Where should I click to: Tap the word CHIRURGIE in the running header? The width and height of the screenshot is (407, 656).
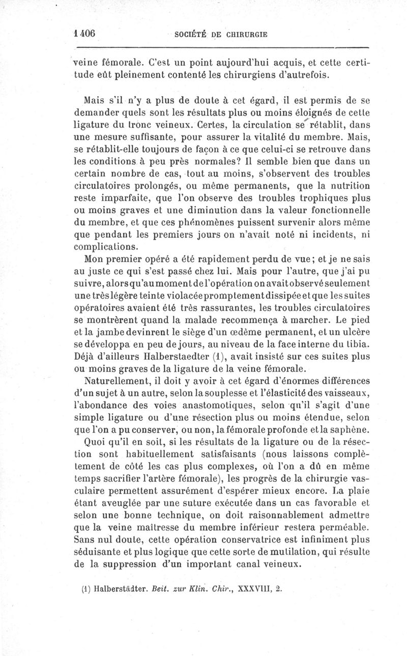click(247, 35)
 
